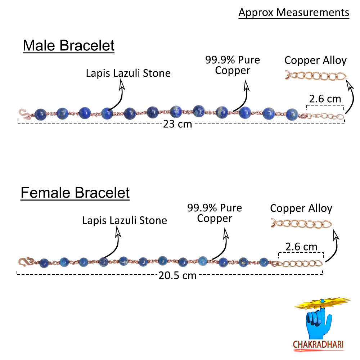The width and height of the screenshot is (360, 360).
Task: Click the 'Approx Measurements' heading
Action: (x=294, y=13)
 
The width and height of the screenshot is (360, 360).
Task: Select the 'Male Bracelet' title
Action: (x=68, y=46)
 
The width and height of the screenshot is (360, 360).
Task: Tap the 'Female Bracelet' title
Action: (x=75, y=193)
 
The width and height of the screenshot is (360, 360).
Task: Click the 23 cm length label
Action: (x=177, y=125)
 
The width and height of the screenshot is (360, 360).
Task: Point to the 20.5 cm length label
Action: (x=177, y=275)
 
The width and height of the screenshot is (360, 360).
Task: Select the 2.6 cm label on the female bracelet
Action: (x=301, y=247)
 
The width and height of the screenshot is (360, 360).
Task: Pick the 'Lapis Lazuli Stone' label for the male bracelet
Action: (x=128, y=73)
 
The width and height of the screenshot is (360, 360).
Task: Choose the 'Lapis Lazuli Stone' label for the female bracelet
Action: (x=125, y=220)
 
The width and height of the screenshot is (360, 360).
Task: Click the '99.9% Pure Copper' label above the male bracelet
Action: (x=233, y=65)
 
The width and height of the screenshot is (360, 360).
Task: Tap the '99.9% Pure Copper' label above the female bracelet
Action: (x=215, y=213)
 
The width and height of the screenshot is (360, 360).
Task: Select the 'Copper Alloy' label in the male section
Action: (x=315, y=60)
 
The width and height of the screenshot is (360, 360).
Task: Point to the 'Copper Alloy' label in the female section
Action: (x=301, y=208)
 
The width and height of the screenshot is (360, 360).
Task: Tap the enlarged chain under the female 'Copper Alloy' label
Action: (x=301, y=224)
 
